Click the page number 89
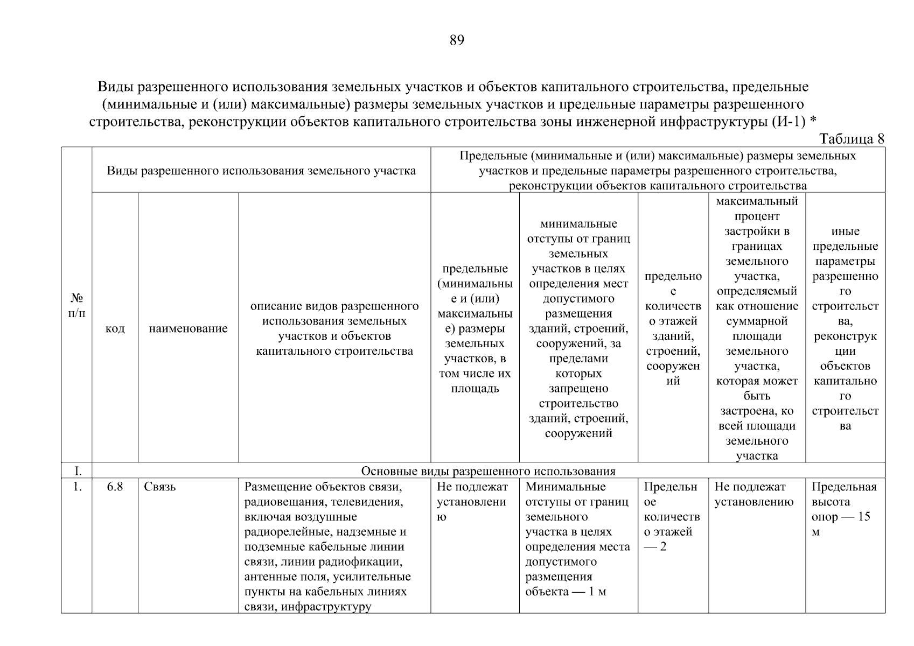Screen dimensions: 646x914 click(x=456, y=40)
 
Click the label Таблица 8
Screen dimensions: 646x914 click(x=852, y=139)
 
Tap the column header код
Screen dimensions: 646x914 click(x=115, y=328)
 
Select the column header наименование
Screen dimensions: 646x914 click(x=188, y=328)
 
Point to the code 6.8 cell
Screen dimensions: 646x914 click(x=115, y=487)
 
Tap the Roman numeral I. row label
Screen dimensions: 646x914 click(x=78, y=471)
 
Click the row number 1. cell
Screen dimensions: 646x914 click(x=78, y=487)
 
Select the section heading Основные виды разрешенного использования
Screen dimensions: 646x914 click(x=487, y=471)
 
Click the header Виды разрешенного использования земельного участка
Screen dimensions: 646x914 click(x=261, y=171)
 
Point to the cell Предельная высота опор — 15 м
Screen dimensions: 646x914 click(x=844, y=509)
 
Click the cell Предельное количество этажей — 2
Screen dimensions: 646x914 click(x=672, y=516)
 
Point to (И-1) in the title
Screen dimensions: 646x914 click(x=789, y=122)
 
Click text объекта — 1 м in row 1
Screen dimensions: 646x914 click(x=565, y=592)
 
